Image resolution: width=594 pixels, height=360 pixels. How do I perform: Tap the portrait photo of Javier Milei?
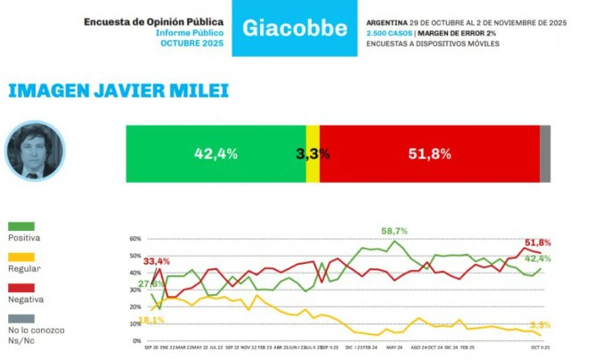37,149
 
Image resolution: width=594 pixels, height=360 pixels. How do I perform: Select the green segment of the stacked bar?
215,153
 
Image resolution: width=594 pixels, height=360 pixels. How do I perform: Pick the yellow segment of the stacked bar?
313,153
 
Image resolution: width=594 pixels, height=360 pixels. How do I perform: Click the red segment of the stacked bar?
428,153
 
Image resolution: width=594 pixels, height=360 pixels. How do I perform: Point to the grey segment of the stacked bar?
545,153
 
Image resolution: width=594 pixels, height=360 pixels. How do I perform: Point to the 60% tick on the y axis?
136,239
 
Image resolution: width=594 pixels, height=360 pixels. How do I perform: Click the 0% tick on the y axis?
137,341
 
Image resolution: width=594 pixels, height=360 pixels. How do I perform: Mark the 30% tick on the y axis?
136,290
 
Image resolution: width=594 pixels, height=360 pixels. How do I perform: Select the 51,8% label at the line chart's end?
539,242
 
